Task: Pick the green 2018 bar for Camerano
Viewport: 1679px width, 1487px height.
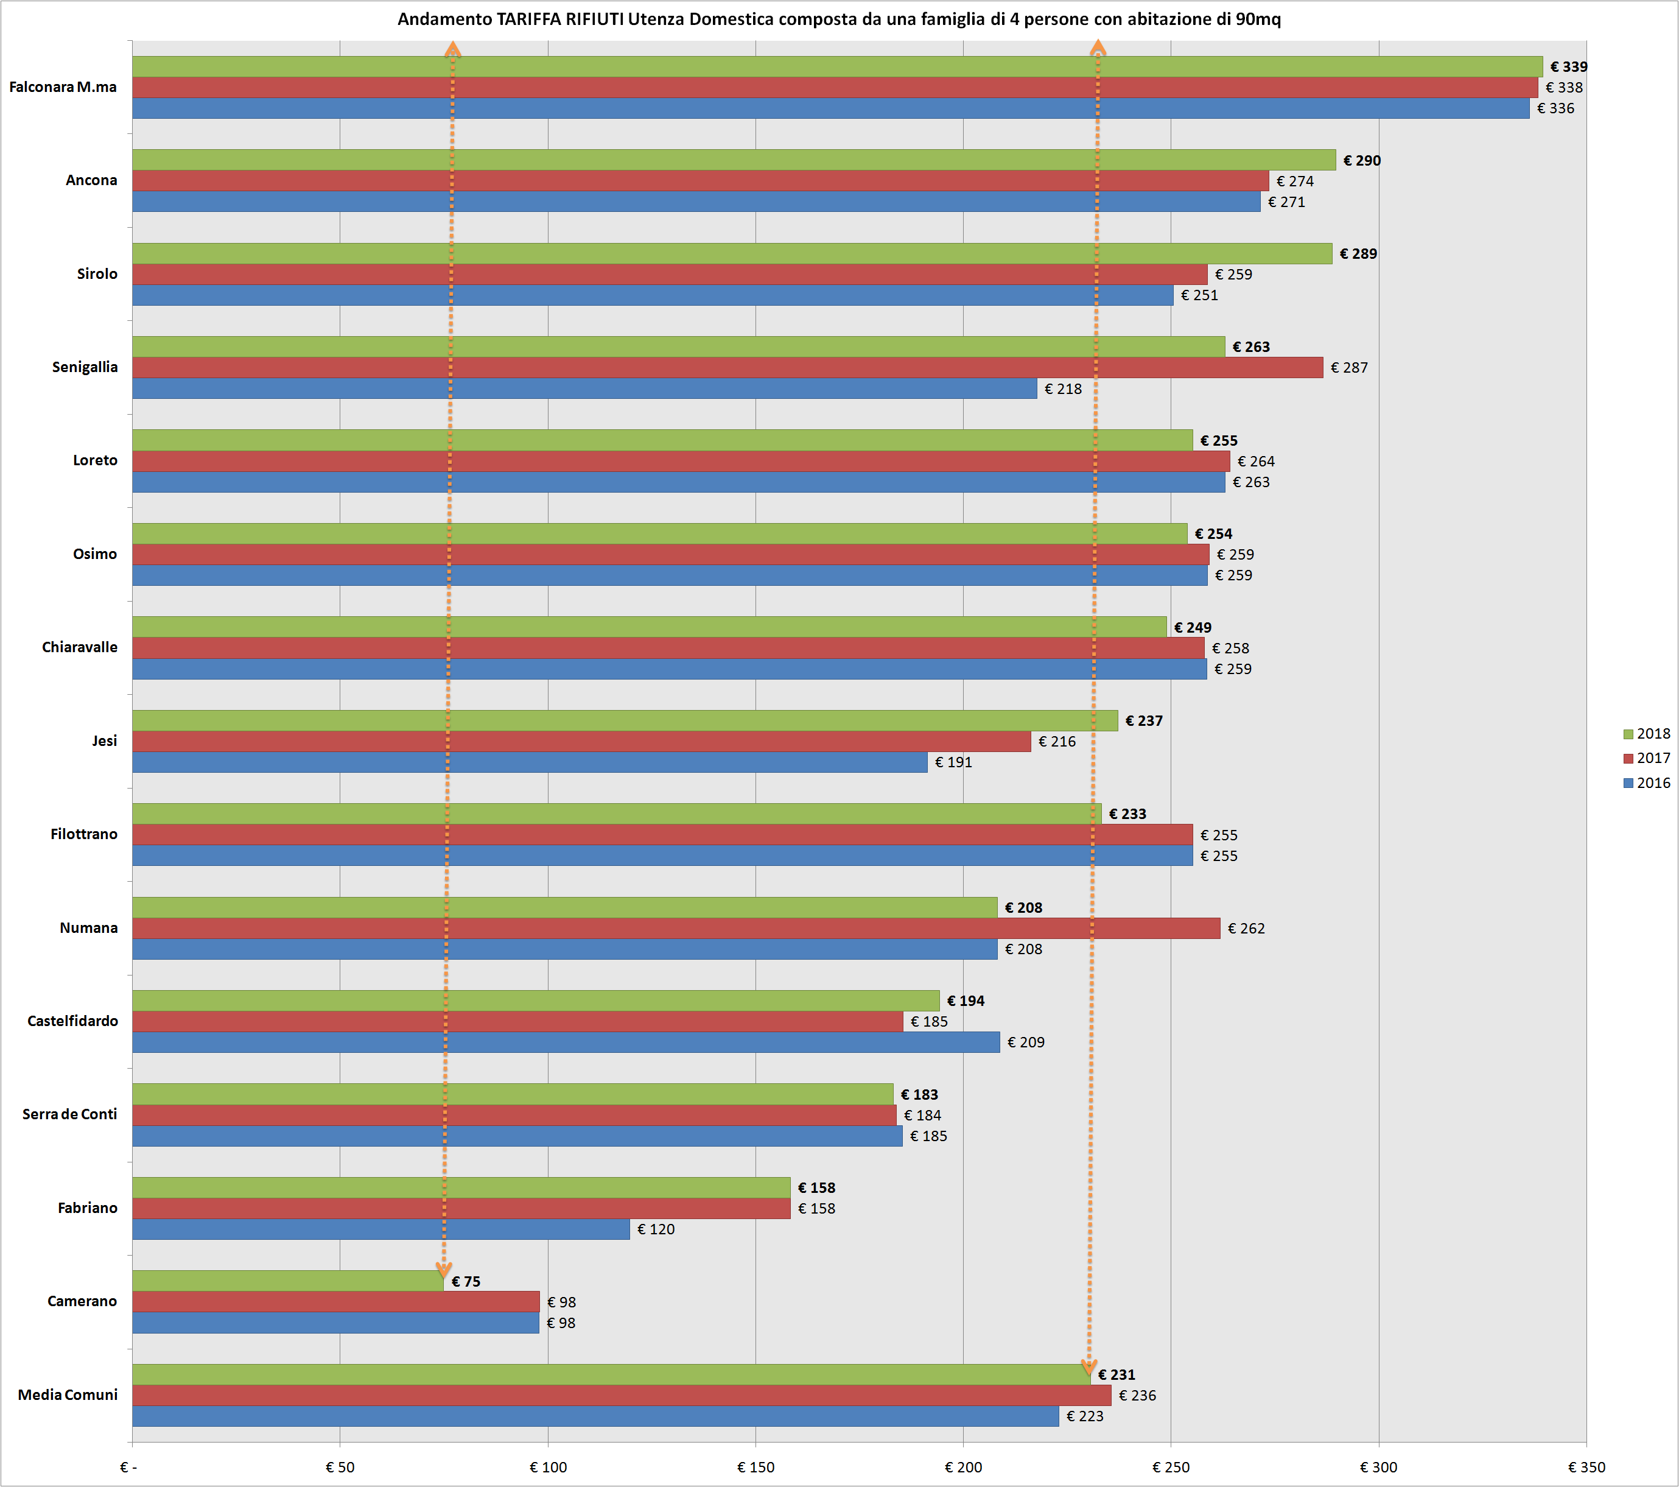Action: (287, 1281)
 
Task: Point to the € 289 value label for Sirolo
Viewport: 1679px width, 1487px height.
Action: (1358, 254)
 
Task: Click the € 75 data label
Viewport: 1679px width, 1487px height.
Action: (466, 1282)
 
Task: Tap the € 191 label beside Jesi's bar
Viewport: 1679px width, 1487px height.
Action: (953, 762)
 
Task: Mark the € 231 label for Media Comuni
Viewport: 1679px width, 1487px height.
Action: (1116, 1374)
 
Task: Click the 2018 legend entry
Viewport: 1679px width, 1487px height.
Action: (1646, 734)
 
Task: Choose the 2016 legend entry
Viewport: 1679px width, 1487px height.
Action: (1646, 783)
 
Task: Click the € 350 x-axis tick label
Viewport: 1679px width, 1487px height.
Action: (1586, 1468)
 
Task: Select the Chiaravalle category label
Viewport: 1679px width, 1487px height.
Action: (80, 647)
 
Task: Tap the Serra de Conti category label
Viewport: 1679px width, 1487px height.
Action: (70, 1114)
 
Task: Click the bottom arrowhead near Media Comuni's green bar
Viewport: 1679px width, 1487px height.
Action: (1089, 1367)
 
